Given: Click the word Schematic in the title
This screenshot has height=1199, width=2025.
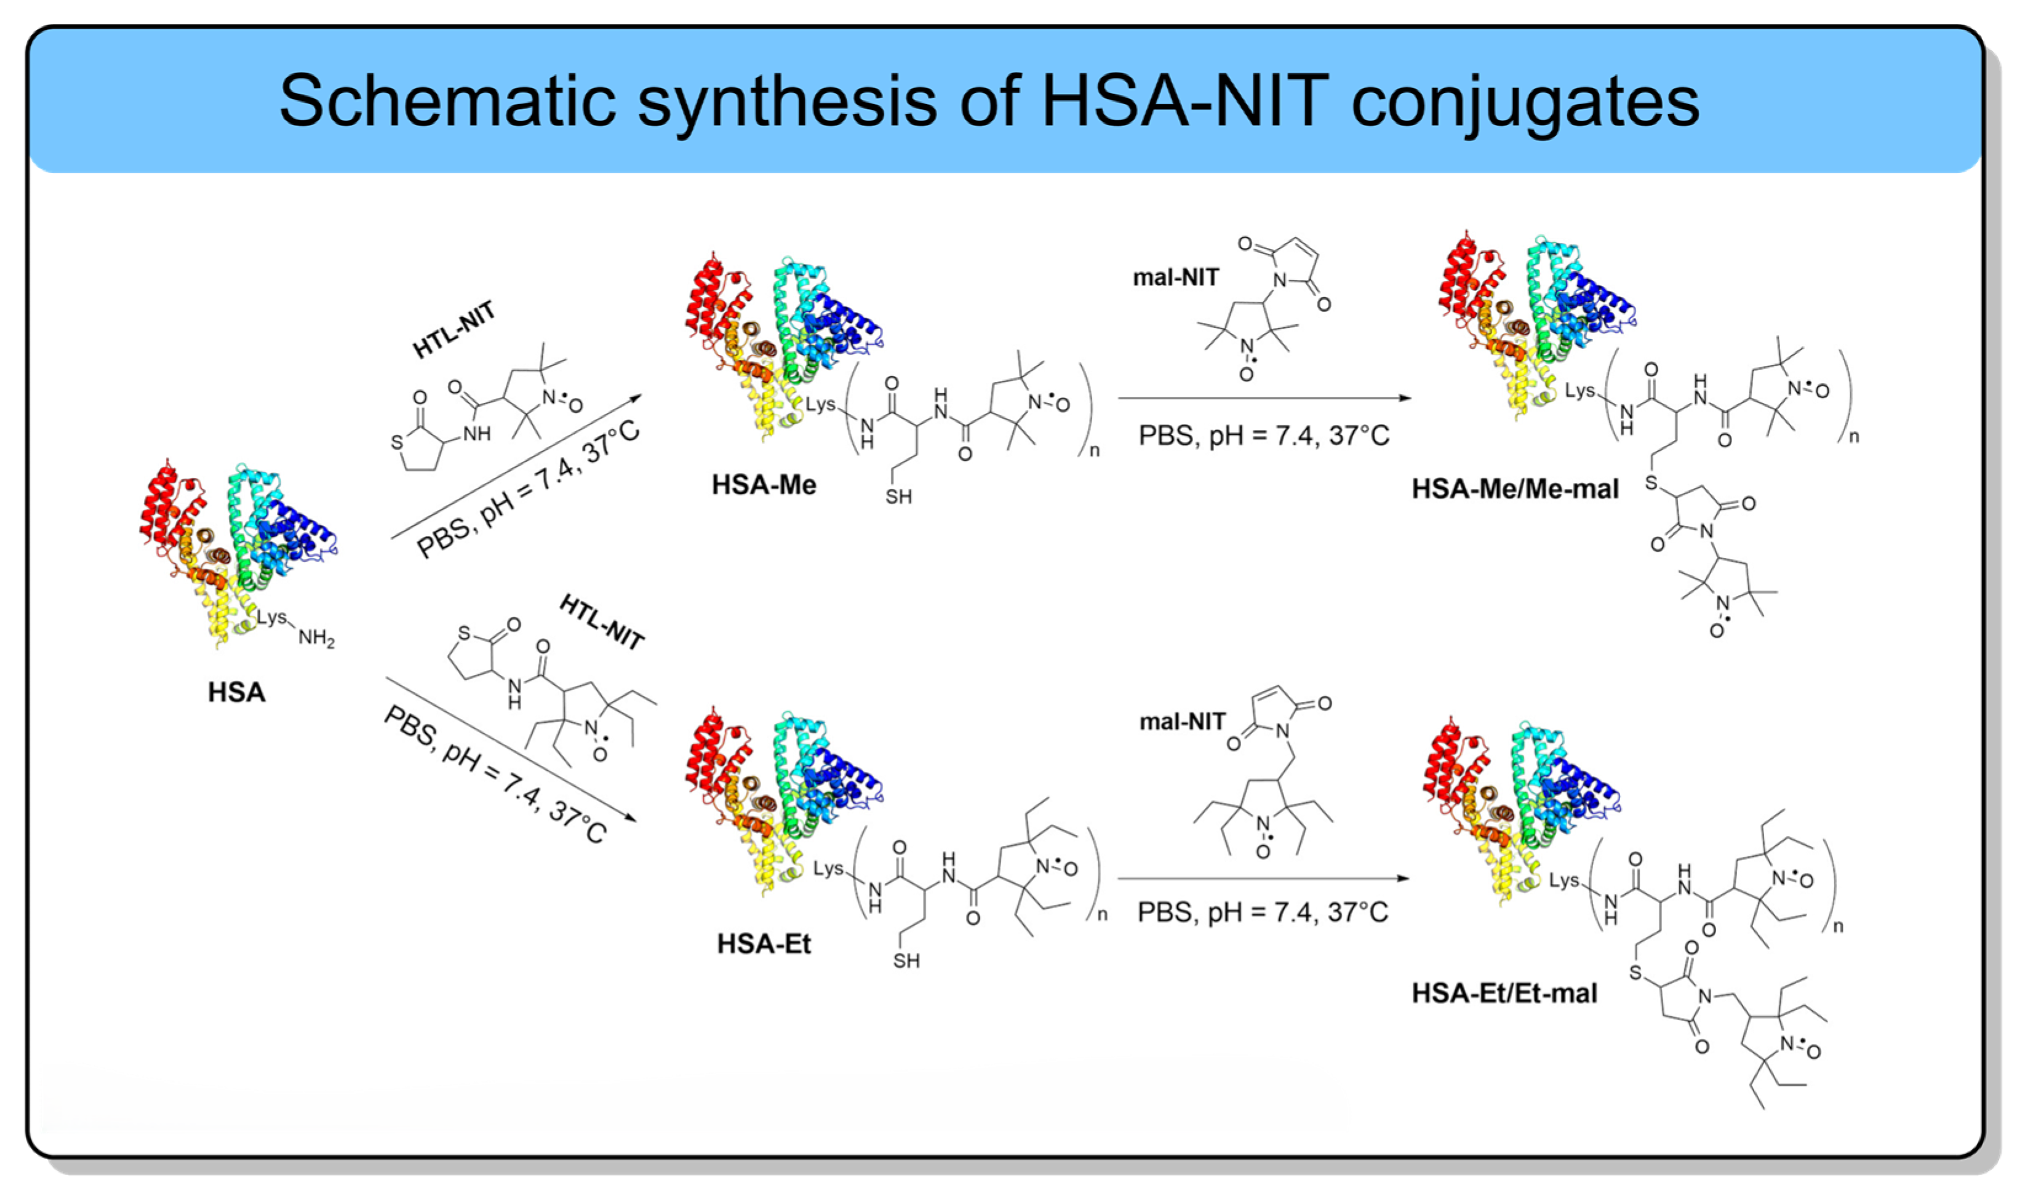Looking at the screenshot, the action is tap(446, 100).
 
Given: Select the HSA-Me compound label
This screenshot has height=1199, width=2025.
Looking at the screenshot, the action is tap(764, 485).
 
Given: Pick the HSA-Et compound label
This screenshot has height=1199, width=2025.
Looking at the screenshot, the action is tap(764, 944).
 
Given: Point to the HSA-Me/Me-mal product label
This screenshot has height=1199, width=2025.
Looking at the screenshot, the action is tap(1515, 489).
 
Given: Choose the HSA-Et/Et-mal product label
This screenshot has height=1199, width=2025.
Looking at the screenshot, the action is tap(1504, 993).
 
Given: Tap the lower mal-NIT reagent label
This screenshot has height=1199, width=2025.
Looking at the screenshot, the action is tap(1182, 722).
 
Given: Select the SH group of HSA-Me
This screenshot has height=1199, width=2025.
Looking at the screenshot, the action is tap(898, 496).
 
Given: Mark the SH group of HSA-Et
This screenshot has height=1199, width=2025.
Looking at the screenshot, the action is tap(906, 961).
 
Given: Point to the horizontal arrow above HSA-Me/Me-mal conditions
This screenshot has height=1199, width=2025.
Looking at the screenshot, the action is tap(1264, 397).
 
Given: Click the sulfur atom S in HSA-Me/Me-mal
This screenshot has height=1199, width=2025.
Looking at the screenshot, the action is tap(1651, 483).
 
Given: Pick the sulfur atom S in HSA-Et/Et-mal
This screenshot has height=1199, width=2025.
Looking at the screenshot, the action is tap(1636, 972).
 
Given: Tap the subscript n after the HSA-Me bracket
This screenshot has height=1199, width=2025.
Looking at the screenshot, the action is tap(1095, 451).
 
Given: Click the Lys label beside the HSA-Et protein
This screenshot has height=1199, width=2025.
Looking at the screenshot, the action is tap(828, 869).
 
